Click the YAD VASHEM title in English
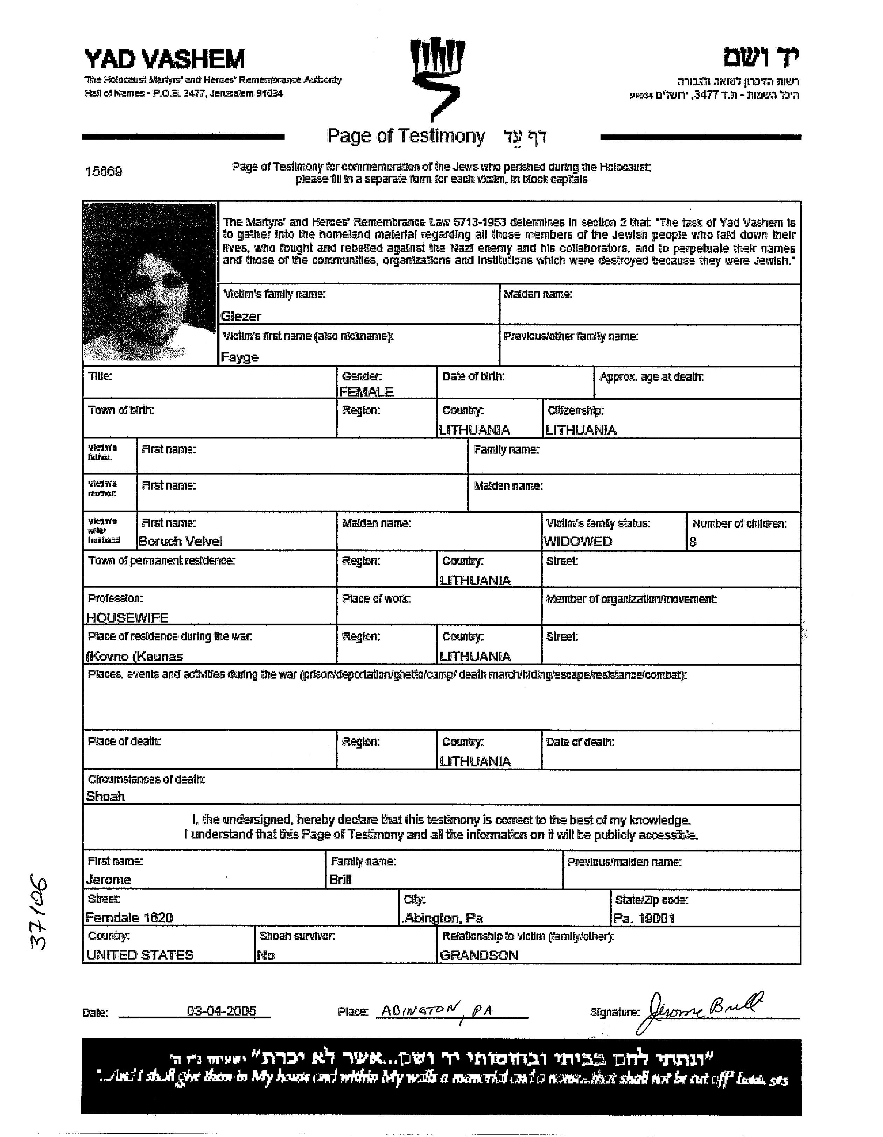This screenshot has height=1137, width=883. click(164, 59)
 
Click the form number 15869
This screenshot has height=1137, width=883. click(103, 171)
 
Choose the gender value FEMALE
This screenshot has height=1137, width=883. click(366, 392)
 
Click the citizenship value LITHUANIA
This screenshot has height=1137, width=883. click(581, 430)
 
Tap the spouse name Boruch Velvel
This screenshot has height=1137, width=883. click(180, 541)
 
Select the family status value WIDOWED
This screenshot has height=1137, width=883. click(577, 541)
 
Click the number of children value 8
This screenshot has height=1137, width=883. click(693, 542)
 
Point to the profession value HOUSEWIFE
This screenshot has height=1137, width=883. click(127, 618)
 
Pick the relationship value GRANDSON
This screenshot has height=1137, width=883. click(479, 955)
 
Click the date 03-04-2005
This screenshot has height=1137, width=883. click(221, 1011)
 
